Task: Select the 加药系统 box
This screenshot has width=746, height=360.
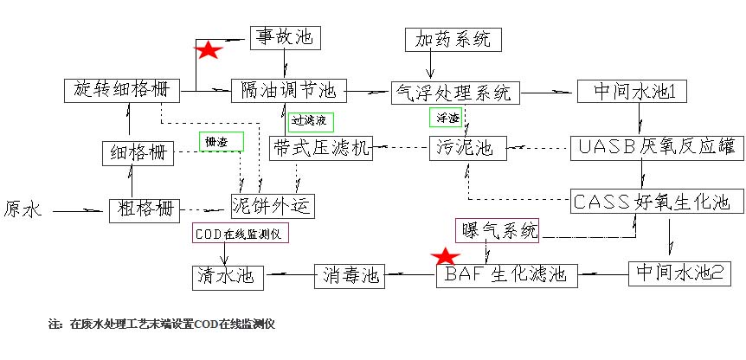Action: [x=453, y=39]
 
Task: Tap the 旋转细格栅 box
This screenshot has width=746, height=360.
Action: [x=121, y=90]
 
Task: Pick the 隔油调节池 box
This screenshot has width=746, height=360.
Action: [x=288, y=90]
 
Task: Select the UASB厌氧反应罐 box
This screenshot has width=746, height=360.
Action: [x=657, y=148]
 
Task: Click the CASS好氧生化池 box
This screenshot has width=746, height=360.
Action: [x=657, y=202]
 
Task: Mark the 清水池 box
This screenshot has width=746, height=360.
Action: [x=228, y=276]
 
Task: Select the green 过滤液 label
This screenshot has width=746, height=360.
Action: [x=311, y=121]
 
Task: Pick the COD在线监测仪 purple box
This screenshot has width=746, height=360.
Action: [x=240, y=235]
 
